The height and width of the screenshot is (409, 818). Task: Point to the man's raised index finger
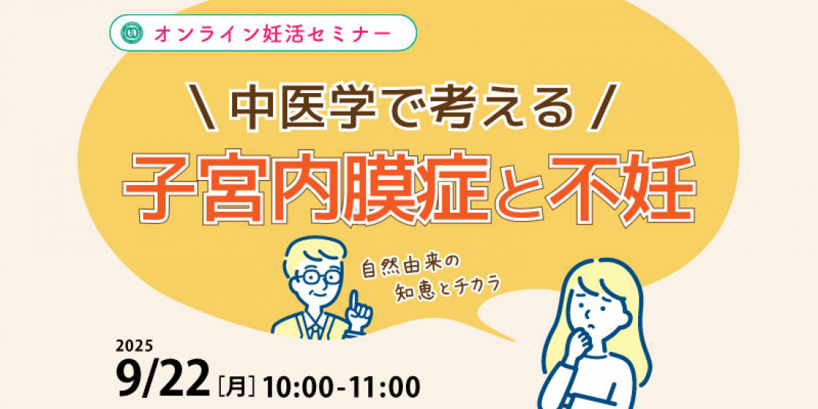pos(356,301)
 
